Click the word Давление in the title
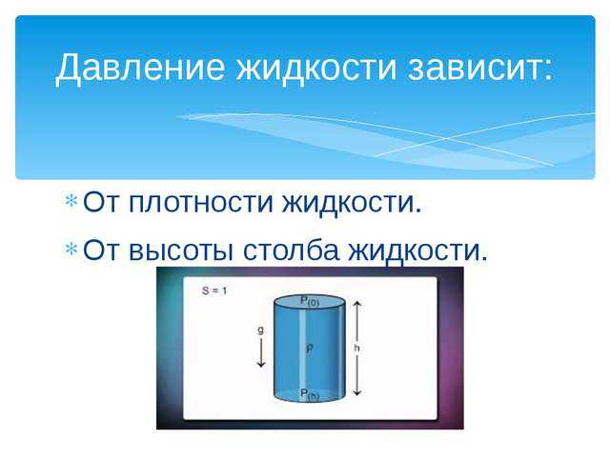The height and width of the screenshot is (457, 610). click(140, 68)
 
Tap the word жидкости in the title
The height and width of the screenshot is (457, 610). click(316, 67)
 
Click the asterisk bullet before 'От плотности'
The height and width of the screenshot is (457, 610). click(71, 201)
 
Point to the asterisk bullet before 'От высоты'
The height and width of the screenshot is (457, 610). click(71, 248)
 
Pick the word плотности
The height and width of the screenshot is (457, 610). click(201, 203)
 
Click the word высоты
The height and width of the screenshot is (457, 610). click(181, 250)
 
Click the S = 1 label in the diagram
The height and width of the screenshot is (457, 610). click(214, 290)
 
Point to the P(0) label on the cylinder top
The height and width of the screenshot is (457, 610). click(310, 301)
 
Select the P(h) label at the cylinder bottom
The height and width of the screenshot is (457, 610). click(310, 394)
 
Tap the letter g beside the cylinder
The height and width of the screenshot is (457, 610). click(260, 330)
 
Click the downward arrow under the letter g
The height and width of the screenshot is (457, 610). click(260, 352)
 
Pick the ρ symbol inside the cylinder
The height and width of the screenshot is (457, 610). click(309, 348)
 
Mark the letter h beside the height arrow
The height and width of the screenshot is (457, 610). click(356, 348)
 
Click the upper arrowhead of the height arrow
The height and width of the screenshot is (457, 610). click(357, 303)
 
